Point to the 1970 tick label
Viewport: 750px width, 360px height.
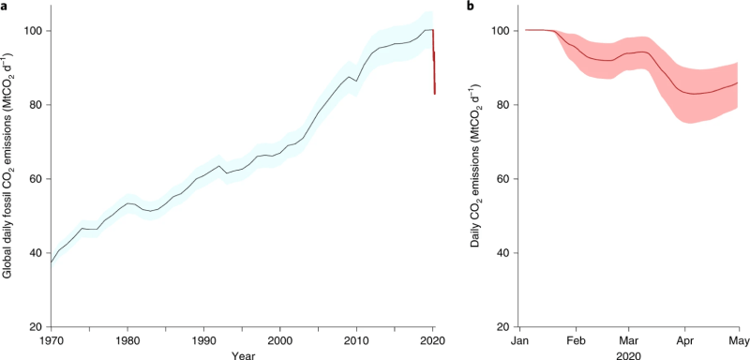[x=52, y=338]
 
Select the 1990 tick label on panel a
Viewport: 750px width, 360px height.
[x=203, y=338]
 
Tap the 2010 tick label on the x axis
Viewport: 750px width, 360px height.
[x=355, y=338]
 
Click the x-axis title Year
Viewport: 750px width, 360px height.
[x=242, y=353]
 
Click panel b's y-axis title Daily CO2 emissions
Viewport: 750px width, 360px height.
[x=480, y=178]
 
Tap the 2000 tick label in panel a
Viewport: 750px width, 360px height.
[x=279, y=338]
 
